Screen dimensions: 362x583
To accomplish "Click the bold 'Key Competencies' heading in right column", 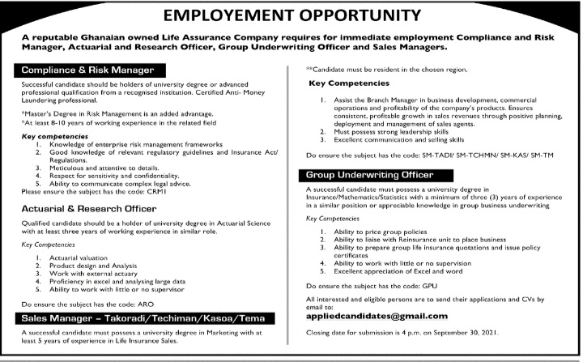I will point(349,83).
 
